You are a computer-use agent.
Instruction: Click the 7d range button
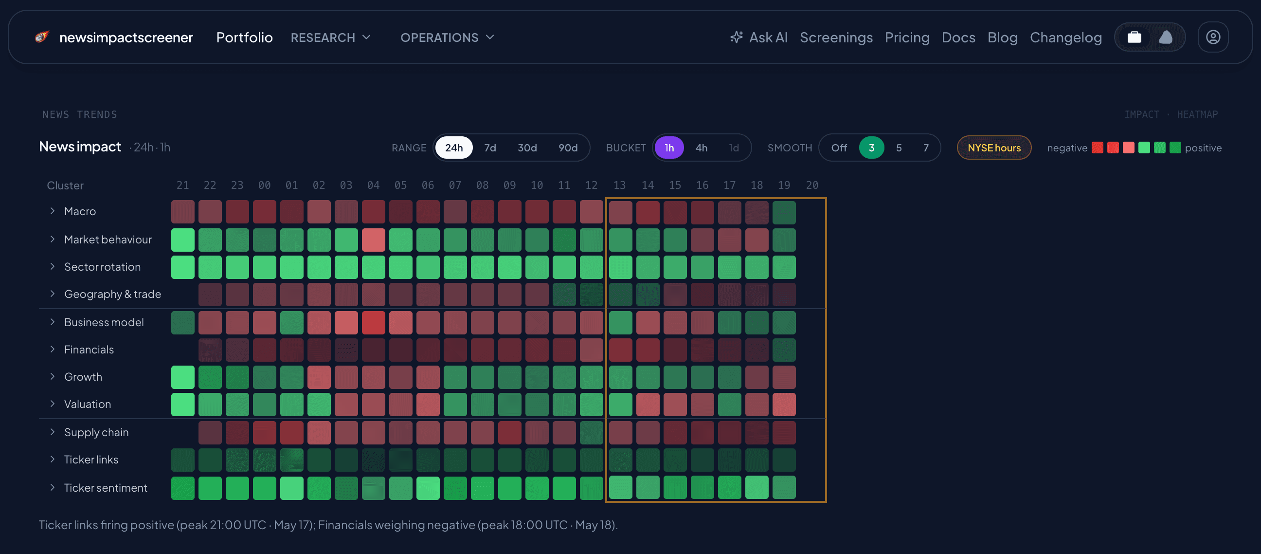[490, 148]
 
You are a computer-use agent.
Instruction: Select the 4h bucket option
[701, 148]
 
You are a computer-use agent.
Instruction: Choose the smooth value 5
[899, 148]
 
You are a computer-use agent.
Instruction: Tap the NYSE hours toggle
[994, 148]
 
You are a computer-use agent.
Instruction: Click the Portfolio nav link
[244, 37]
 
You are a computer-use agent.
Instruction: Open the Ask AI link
[759, 37]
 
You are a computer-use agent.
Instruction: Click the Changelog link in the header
[1066, 37]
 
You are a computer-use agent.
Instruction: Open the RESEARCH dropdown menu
[330, 37]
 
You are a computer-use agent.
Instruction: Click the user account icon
[1212, 37]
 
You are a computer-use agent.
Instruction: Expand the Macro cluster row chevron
[53, 211]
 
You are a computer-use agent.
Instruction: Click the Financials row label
[89, 349]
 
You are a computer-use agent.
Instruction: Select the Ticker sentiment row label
[106, 487]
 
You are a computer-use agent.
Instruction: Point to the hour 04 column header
[373, 185]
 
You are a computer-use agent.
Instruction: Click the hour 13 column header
[619, 185]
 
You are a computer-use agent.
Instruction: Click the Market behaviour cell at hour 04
[374, 240]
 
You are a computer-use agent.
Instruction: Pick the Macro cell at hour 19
[784, 212]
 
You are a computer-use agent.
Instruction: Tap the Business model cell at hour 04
[374, 322]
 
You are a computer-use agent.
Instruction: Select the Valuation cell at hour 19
[784, 404]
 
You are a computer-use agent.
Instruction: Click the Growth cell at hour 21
[182, 377]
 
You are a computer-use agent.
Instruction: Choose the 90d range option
[568, 148]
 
